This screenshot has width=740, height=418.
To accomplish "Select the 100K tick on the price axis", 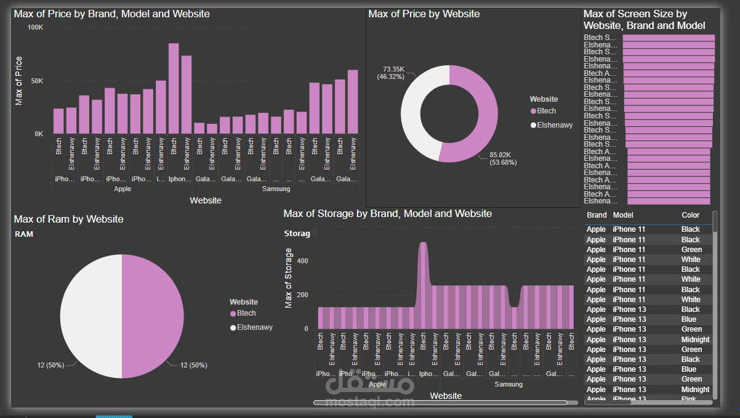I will tap(35, 28).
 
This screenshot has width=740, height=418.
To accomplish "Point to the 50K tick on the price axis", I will tap(36, 81).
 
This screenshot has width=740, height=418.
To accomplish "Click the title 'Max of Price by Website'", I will tap(424, 14).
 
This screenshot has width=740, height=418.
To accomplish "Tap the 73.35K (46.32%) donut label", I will tap(393, 73).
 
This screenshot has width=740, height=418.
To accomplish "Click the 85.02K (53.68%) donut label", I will tap(502, 158).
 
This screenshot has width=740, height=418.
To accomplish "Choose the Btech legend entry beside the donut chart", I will tap(545, 111).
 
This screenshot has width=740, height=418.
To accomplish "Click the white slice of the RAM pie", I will tap(90, 316).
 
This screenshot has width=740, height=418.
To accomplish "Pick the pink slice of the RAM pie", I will tap(153, 316).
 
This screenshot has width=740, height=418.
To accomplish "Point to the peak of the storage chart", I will tap(422, 244).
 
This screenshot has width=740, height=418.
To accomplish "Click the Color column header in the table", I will tap(690, 215).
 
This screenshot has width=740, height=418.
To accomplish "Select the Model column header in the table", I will tap(623, 215).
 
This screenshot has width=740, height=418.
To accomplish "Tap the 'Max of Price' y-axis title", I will tap(18, 81).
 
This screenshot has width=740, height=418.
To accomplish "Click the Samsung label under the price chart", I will tap(276, 189).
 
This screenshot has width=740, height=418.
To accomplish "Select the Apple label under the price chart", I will tap(123, 189).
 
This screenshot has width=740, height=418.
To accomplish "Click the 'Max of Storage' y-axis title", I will tap(289, 278).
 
